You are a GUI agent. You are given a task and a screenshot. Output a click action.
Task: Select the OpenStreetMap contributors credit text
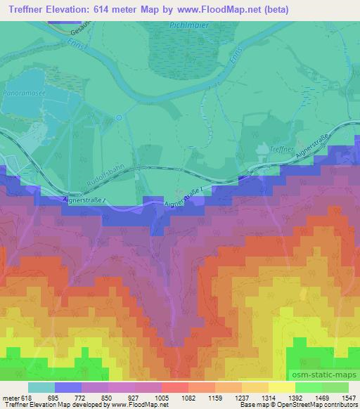320,404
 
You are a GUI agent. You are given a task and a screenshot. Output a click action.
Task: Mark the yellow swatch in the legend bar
281,387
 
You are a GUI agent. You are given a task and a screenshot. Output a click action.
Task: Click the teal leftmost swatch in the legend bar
41,387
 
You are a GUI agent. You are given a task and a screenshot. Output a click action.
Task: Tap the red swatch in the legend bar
174,387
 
